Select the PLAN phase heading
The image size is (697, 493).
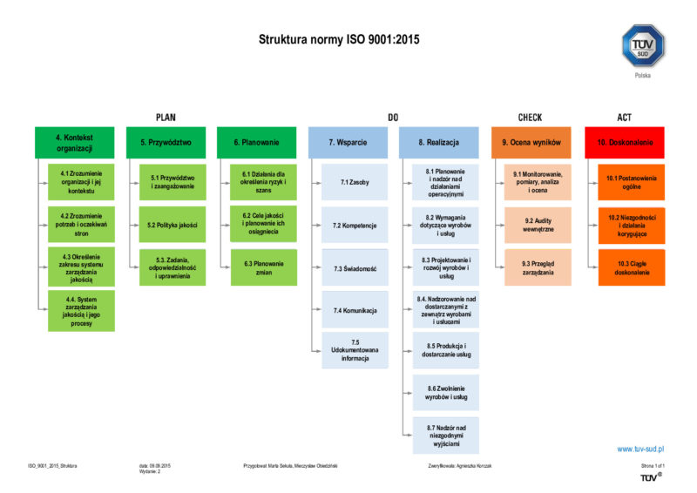coord(166,117)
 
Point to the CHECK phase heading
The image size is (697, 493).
coord(530,117)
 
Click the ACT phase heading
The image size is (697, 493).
coord(624,117)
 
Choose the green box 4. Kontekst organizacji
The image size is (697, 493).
coord(74,142)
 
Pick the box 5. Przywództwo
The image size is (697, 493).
coord(166,142)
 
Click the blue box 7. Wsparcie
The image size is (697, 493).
coord(347,142)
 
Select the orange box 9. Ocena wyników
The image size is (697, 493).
coord(531,142)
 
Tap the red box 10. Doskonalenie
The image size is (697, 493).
coord(625,142)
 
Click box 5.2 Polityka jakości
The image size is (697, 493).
coord(173,225)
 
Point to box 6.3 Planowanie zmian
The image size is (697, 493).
coord(263,267)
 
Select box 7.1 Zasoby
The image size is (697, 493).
coord(354,183)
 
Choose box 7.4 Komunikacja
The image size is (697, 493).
coord(354,310)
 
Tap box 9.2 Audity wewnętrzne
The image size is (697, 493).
coord(538,225)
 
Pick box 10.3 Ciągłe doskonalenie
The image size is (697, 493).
coord(631,267)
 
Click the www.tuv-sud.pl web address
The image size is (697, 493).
coord(640,449)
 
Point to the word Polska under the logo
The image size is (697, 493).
coord(642,75)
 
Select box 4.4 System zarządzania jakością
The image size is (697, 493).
coord(81,310)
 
